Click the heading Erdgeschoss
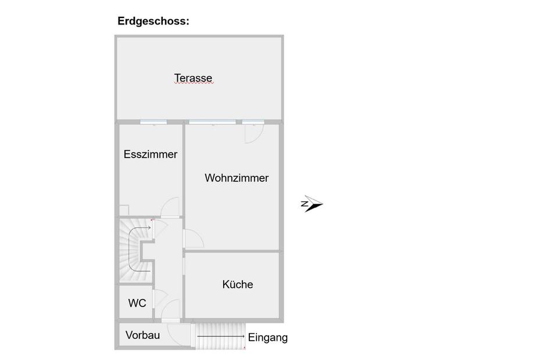click(153, 22)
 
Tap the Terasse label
click(193, 78)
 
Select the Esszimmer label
click(150, 155)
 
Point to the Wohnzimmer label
click(237, 178)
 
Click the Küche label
click(237, 284)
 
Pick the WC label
click(137, 303)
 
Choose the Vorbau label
click(142, 335)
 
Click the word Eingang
click(267, 337)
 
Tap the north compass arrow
click(312, 204)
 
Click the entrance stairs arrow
click(221, 336)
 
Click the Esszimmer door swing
click(170, 208)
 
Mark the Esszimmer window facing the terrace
click(153, 122)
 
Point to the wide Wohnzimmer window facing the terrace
click(212, 122)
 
